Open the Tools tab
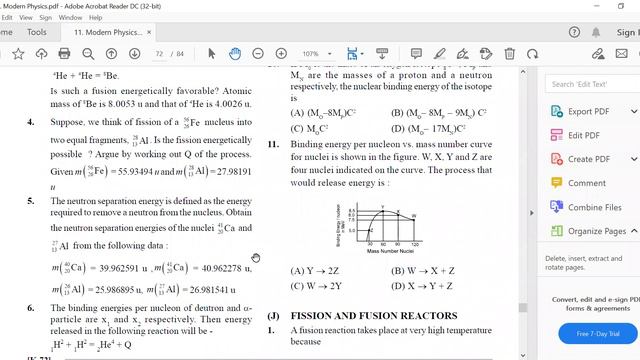click(37, 32)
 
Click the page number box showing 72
click(161, 53)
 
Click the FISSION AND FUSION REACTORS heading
click(358, 315)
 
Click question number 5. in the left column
click(31, 201)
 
